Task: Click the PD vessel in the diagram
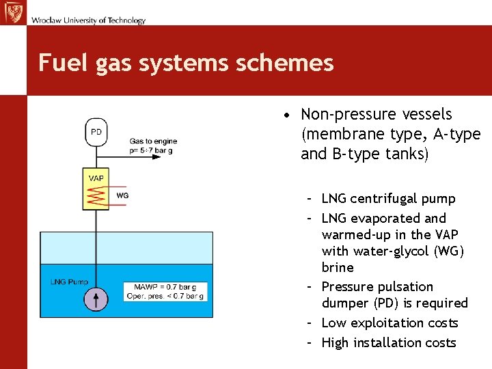(96, 132)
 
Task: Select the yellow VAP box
(96, 189)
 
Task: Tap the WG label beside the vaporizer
(122, 195)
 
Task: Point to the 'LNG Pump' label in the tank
(69, 282)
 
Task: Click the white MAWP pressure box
(165, 291)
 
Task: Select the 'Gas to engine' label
(153, 141)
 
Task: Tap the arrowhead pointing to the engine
(156, 156)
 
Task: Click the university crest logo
(13, 12)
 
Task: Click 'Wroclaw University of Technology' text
(88, 20)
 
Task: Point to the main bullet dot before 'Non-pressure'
(290, 115)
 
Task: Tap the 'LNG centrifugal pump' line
(387, 199)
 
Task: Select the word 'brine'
(338, 267)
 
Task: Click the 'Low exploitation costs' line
(389, 323)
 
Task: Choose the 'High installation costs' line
(388, 342)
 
